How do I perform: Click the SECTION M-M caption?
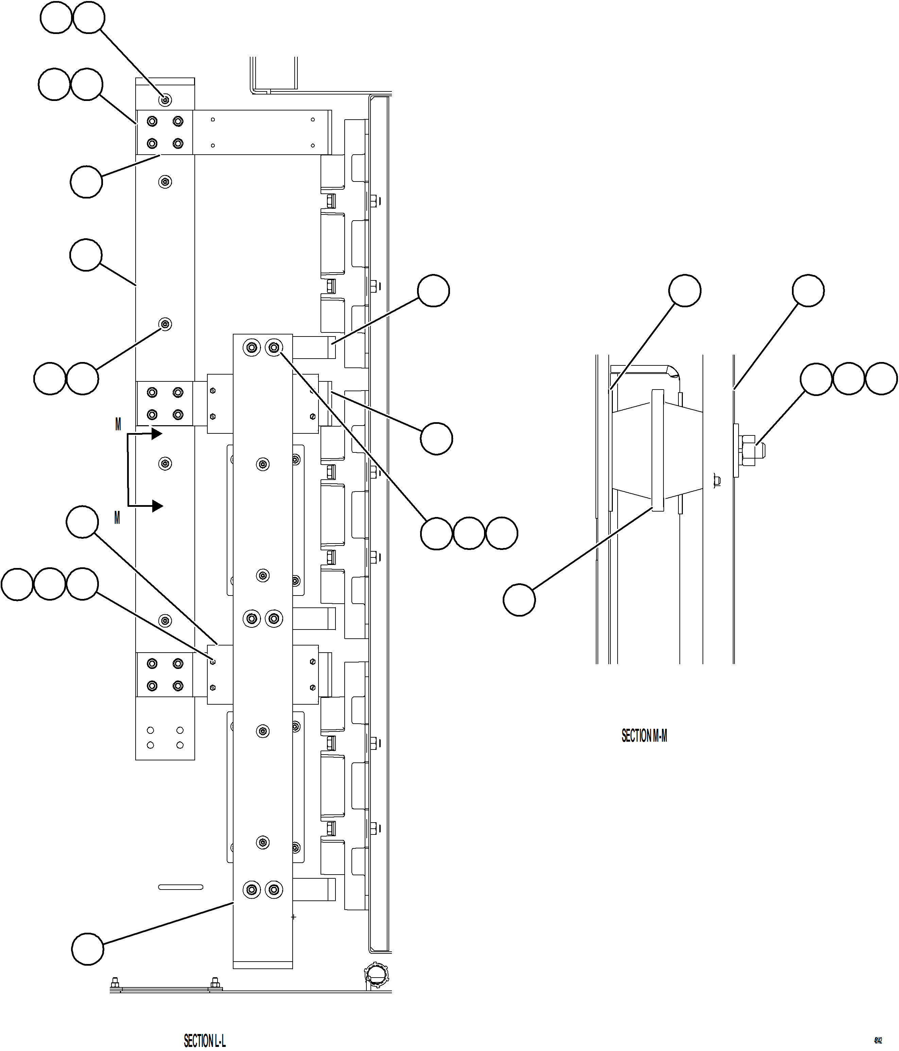pos(644,736)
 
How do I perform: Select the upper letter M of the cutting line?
pos(118,425)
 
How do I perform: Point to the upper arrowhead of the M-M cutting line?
pos(156,434)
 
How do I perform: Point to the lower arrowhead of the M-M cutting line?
pos(157,506)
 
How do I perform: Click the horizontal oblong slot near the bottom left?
pos(180,887)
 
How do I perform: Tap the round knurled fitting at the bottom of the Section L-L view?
pos(376,972)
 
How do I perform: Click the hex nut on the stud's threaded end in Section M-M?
pos(748,450)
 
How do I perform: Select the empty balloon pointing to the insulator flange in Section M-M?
pos(519,600)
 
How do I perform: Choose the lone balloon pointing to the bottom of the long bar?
pos(87,949)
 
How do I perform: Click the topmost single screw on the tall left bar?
pos(165,100)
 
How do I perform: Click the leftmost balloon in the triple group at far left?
pos(17,584)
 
